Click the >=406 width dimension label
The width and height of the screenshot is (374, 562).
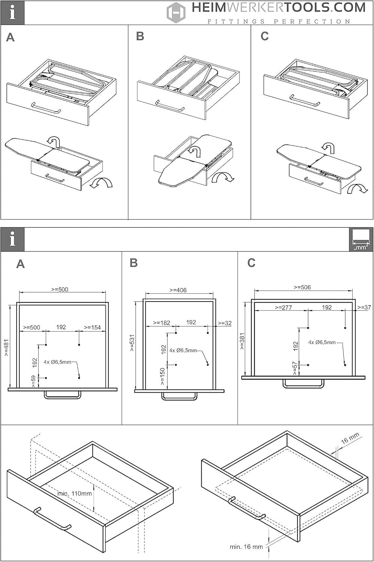tap(178, 290)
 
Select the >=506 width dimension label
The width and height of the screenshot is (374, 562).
tap(302, 287)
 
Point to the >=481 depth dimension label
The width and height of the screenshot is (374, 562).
tap(6, 347)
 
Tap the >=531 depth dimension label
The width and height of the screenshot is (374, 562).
tap(132, 343)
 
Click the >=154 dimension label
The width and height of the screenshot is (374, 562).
tap(92, 327)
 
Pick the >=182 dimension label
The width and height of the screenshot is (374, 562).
tap(162, 323)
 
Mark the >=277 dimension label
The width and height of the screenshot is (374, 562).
tap(283, 307)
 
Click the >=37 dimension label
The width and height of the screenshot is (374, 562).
tap(364, 307)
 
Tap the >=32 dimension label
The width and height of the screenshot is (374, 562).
tap(224, 323)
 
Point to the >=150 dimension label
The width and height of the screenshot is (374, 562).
tap(162, 376)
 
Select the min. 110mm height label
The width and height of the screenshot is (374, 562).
tap(75, 493)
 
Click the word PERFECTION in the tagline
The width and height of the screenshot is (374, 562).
tap(312, 22)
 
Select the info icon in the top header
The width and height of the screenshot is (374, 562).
tap(12, 12)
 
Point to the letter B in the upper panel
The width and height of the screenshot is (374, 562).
tap(140, 36)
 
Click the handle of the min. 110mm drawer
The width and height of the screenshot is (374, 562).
tap(52, 519)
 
